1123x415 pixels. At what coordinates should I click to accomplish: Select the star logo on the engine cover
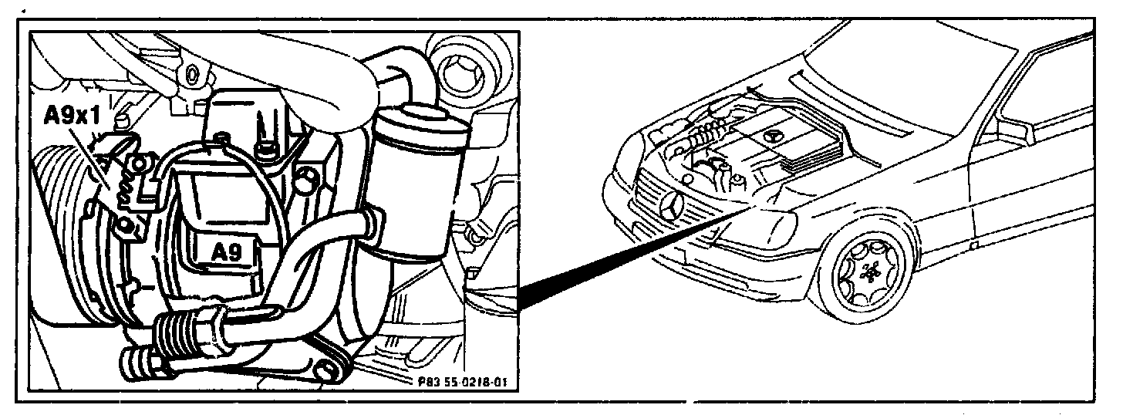[773, 135]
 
